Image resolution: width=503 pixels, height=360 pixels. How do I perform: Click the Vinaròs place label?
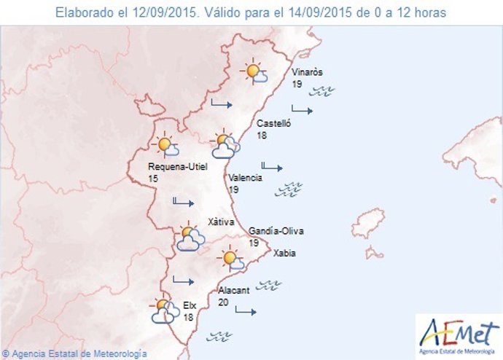point(307,72)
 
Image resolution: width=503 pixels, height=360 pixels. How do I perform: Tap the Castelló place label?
point(274,124)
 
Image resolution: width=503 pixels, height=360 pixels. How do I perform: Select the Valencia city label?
point(245,179)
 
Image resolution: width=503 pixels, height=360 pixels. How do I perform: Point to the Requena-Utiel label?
point(178,167)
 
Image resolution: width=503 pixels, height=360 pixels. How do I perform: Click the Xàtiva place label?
point(220,221)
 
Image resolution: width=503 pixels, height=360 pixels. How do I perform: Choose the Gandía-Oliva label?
point(276,231)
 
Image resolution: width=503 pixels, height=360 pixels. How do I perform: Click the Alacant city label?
point(234,290)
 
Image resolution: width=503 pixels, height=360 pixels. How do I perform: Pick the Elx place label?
point(189,307)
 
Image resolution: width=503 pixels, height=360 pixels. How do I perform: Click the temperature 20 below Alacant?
point(223,302)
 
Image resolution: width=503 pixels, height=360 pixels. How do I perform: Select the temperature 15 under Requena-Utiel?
point(152,179)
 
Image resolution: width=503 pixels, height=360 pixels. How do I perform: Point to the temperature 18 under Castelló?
point(262,136)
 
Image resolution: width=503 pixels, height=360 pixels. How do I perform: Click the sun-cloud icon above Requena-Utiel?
point(166,145)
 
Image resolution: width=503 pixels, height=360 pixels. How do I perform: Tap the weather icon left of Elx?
point(165,311)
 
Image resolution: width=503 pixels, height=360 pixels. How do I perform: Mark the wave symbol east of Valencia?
point(288,189)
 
